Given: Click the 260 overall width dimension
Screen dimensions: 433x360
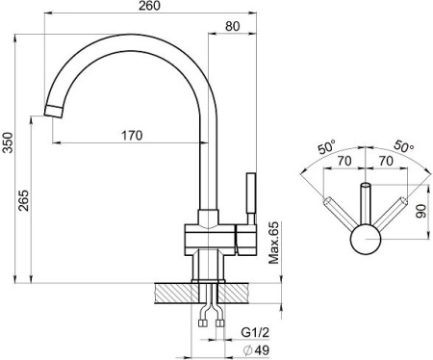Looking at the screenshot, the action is [149, 6].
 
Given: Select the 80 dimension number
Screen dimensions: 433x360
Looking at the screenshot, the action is [232, 26].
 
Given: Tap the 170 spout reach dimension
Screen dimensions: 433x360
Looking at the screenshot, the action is [132, 136].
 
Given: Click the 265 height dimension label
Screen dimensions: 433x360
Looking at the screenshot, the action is [23, 200].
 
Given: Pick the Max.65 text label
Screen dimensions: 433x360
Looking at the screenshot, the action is [273, 243].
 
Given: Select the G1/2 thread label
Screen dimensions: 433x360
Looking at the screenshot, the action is [255, 332].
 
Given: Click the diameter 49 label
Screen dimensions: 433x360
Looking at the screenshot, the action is [256, 350].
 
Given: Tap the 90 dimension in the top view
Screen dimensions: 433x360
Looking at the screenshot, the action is [421, 211].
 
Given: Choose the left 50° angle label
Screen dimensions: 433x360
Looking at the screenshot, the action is [326, 147].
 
